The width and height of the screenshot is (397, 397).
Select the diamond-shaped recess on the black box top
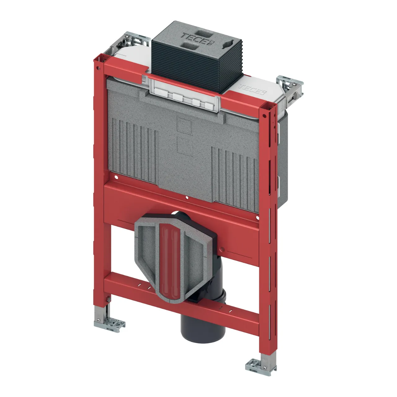pos(229,43)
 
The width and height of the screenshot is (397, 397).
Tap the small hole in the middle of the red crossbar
pos(186,198)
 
